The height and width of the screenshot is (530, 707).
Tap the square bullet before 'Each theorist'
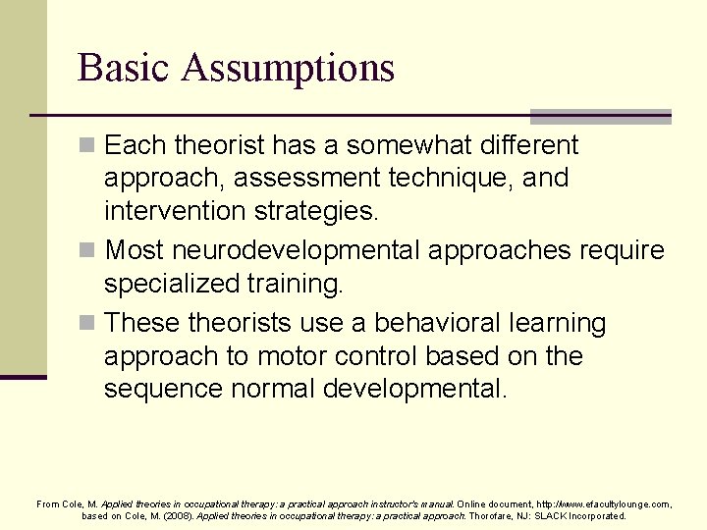(87, 146)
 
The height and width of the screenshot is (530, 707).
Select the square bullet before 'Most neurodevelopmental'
(87, 251)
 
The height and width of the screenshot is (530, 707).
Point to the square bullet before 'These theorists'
(87, 324)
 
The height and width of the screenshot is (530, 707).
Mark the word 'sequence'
(163, 390)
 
